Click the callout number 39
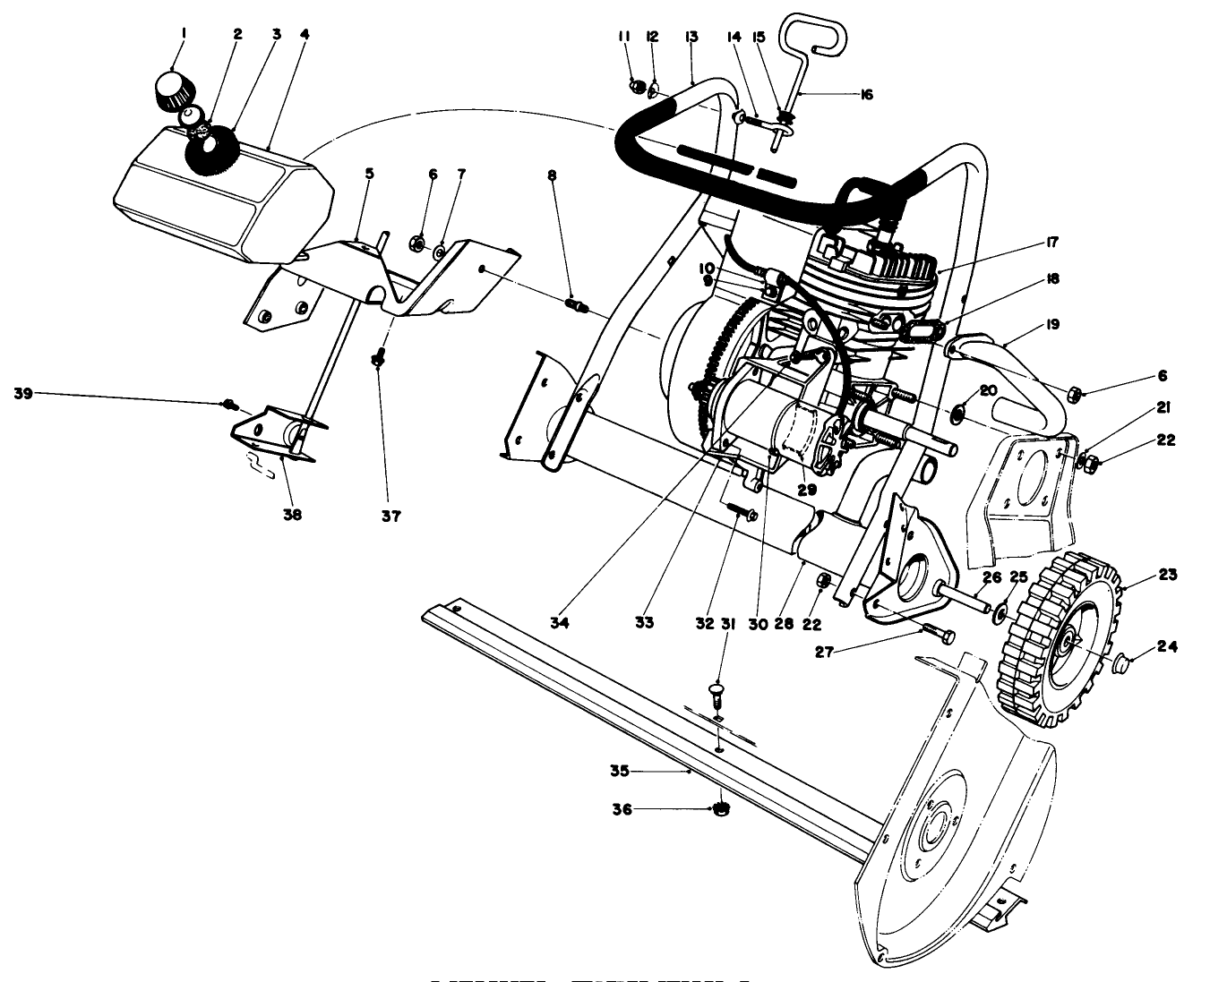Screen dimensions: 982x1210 pyautogui.click(x=23, y=393)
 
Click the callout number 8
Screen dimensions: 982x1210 pyautogui.click(x=553, y=175)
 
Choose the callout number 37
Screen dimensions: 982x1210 pyautogui.click(x=391, y=516)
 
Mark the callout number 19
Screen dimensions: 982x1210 pyautogui.click(x=1051, y=324)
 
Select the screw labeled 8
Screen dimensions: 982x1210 pyautogui.click(x=575, y=307)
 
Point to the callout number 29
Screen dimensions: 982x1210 pyautogui.click(x=807, y=491)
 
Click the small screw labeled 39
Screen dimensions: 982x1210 pyautogui.click(x=228, y=405)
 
